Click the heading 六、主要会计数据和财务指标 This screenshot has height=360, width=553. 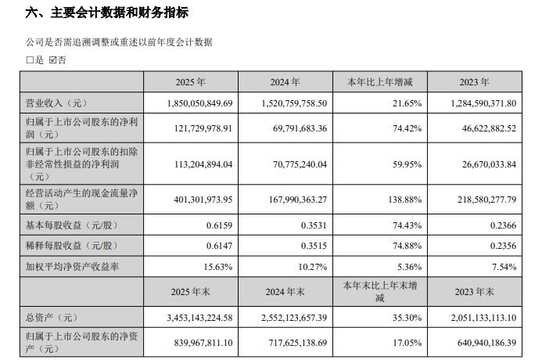(x=106, y=13)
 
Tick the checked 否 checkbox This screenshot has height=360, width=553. (x=52, y=60)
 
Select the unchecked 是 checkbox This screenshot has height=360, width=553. (x=30, y=60)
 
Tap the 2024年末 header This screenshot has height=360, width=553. (x=285, y=292)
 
